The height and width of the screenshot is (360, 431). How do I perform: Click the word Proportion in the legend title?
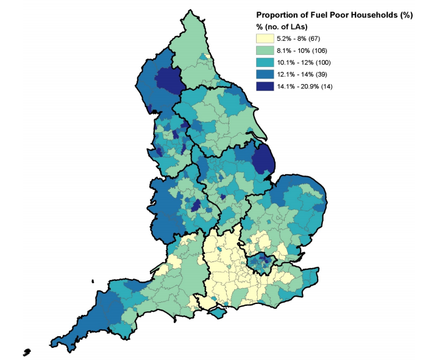pos(277,15)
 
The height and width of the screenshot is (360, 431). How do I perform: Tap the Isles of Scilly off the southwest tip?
pos(27,352)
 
